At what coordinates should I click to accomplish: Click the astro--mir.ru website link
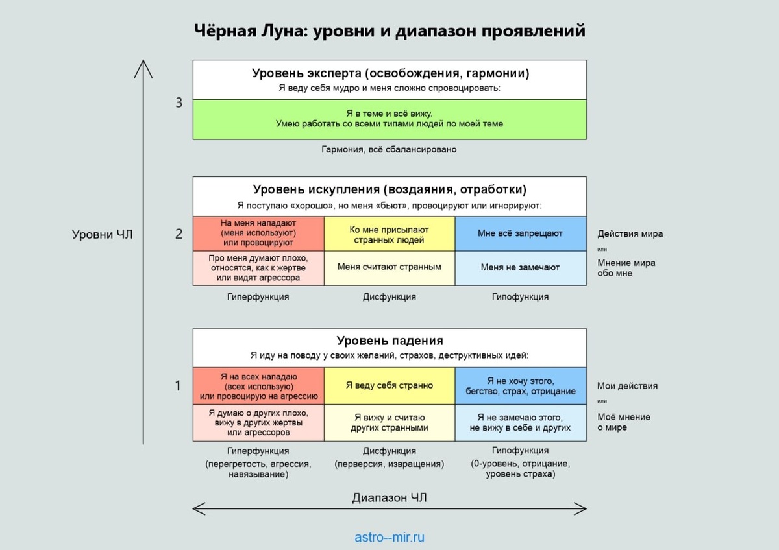click(x=389, y=537)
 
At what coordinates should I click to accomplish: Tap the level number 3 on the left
click(x=179, y=102)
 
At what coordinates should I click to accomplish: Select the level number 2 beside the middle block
click(x=179, y=234)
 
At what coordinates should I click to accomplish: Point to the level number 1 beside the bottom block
click(x=178, y=386)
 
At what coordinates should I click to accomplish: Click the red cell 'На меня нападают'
click(x=258, y=233)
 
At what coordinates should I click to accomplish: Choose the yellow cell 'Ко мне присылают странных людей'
click(x=389, y=233)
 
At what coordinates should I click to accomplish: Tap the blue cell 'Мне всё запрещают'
click(x=521, y=233)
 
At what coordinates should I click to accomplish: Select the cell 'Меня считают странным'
click(x=389, y=269)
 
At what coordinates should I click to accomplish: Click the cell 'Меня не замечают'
click(x=521, y=269)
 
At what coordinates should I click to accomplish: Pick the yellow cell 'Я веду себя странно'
click(x=389, y=386)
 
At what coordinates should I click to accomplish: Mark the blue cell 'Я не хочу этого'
click(x=521, y=386)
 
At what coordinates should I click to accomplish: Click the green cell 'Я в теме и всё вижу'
click(x=389, y=119)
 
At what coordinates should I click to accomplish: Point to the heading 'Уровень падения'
click(x=390, y=341)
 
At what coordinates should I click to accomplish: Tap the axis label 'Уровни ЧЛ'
click(x=103, y=235)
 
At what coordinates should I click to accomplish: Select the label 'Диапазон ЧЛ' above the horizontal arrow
click(x=389, y=498)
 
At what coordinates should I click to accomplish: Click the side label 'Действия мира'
click(x=630, y=234)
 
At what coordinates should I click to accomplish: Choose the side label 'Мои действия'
click(x=627, y=386)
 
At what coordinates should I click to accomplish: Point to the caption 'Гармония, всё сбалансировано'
click(x=389, y=149)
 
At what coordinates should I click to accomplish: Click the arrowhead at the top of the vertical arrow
click(x=143, y=60)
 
